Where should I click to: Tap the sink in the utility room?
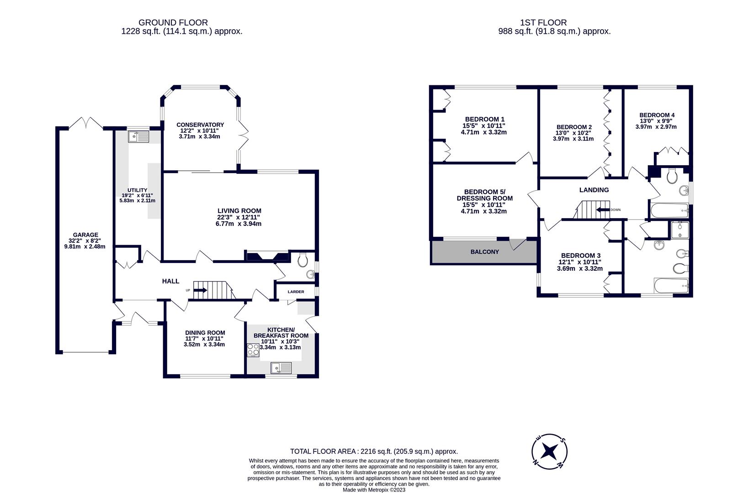click(x=138, y=137)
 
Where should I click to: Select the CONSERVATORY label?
click(x=200, y=125)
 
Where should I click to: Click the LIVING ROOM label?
click(x=239, y=211)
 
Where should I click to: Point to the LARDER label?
click(x=296, y=292)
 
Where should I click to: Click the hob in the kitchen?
click(x=253, y=350)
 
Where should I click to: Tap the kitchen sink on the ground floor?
click(x=281, y=368)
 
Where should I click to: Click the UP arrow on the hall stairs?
click(x=200, y=290)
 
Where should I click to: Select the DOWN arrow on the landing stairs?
click(x=603, y=210)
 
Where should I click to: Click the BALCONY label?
click(x=484, y=252)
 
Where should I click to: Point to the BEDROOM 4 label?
click(x=654, y=115)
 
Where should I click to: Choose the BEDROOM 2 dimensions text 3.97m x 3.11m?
click(x=573, y=139)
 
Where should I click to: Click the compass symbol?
click(x=549, y=451)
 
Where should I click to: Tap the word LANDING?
click(x=594, y=190)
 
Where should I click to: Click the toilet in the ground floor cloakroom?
click(x=302, y=260)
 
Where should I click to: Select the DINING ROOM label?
click(x=205, y=333)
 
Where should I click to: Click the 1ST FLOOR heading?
click(x=543, y=23)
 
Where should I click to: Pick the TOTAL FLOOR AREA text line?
click(x=374, y=451)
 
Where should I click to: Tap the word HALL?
click(x=170, y=281)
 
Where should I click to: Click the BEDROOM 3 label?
click(x=580, y=256)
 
